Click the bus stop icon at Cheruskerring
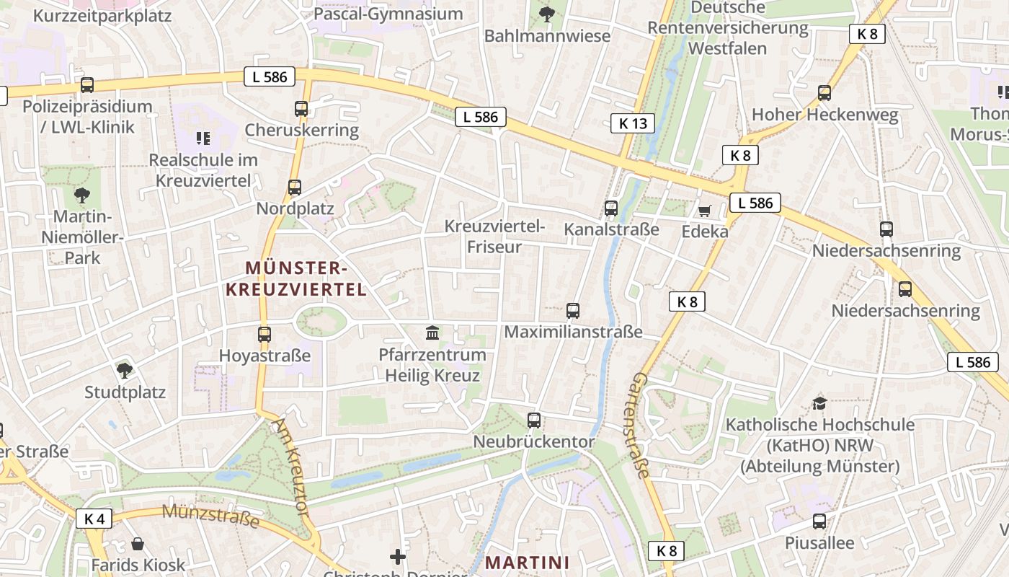click(301, 109)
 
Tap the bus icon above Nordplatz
click(295, 188)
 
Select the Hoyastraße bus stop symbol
click(265, 335)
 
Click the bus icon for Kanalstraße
click(611, 208)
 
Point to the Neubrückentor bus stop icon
click(534, 420)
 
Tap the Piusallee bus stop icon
click(819, 521)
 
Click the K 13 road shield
click(633, 123)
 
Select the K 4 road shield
click(94, 518)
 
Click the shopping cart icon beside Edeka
click(704, 211)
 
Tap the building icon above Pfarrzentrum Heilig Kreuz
click(432, 332)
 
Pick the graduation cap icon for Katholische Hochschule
click(819, 402)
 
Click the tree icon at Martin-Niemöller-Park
click(82, 194)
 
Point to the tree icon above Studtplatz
click(125, 371)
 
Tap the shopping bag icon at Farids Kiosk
click(138, 544)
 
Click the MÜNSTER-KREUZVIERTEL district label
click(296, 279)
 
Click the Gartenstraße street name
click(641, 426)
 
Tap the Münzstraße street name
click(210, 516)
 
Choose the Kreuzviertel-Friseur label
click(494, 237)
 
